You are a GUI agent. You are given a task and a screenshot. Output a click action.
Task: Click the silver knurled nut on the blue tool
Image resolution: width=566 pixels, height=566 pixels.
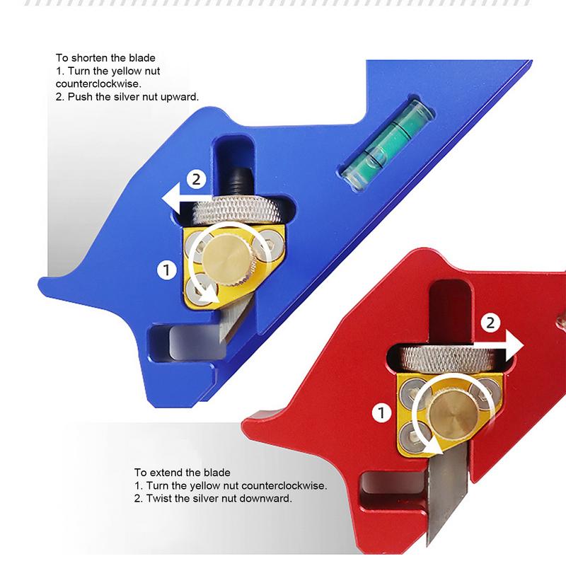coord(244,209)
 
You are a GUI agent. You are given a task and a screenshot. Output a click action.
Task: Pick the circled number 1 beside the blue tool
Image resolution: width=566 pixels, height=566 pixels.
coord(166,269)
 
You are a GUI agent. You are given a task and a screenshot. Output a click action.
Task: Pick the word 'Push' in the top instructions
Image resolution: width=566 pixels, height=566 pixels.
coord(79,97)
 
